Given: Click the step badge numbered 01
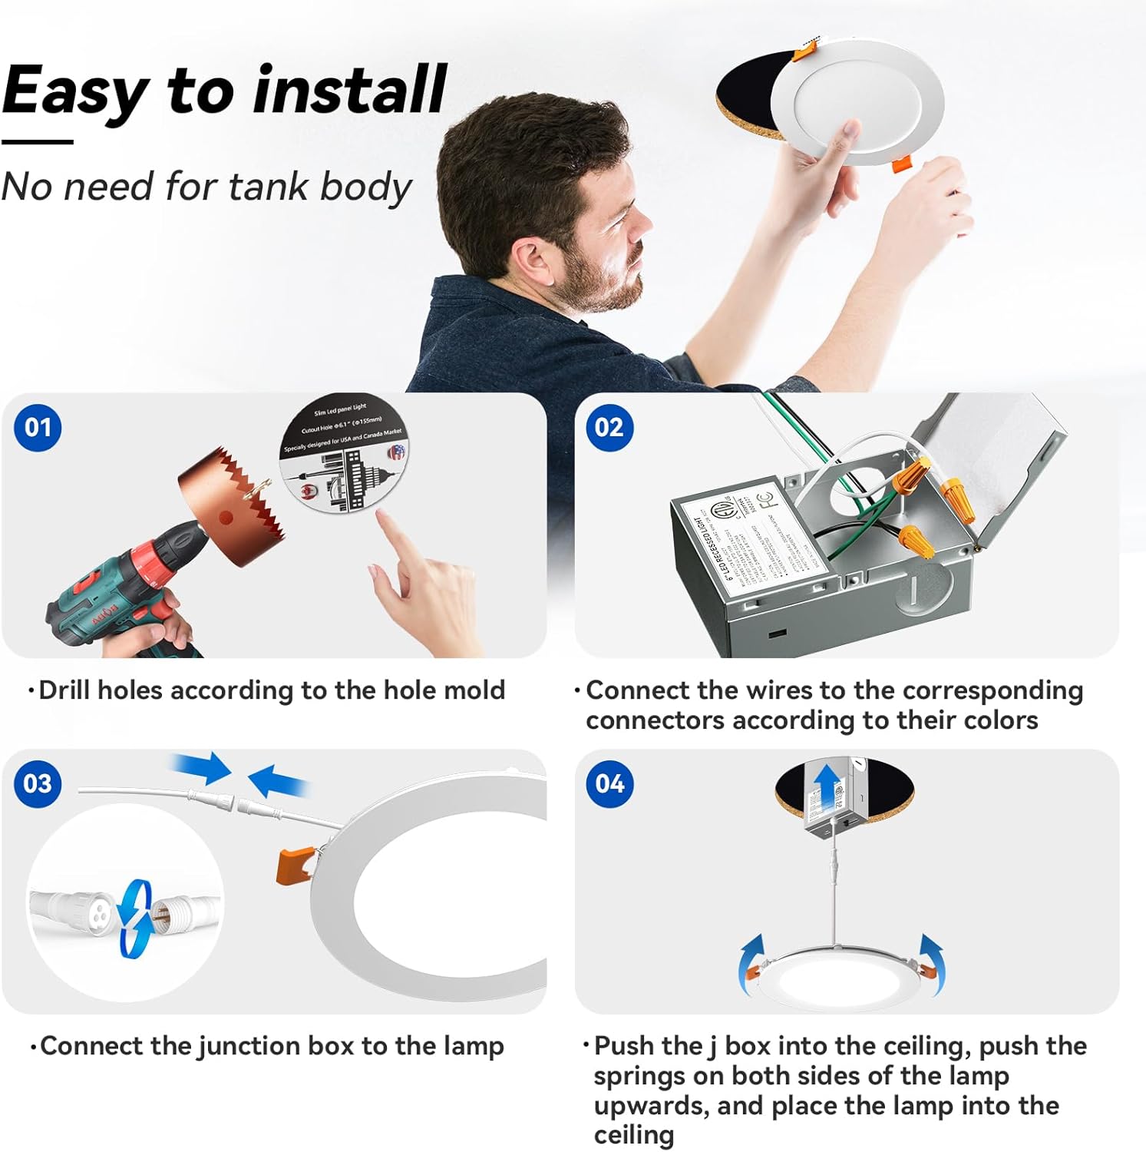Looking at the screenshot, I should point(38,428).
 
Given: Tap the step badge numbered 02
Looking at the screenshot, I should point(609,428).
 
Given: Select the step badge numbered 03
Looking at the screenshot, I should point(38,784).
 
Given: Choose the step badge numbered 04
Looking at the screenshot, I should point(609,784).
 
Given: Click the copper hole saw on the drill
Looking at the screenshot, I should point(230,507).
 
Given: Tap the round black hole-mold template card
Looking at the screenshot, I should point(345,453).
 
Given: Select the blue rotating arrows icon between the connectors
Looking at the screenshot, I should point(135,918).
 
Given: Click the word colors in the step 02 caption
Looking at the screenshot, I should point(997,720).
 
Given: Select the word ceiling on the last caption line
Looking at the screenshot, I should point(634,1135).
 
